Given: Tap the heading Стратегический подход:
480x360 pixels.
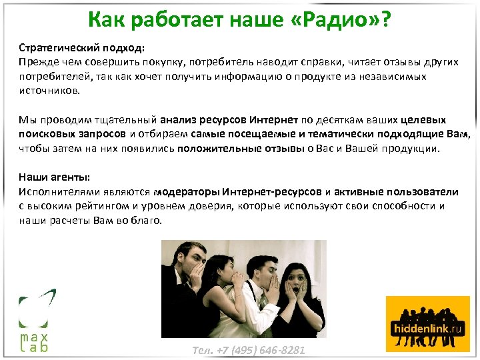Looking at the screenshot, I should point(81,49).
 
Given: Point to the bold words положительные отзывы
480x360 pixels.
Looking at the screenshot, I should point(241,149).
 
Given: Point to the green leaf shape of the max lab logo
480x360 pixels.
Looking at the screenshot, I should point(37,307).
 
